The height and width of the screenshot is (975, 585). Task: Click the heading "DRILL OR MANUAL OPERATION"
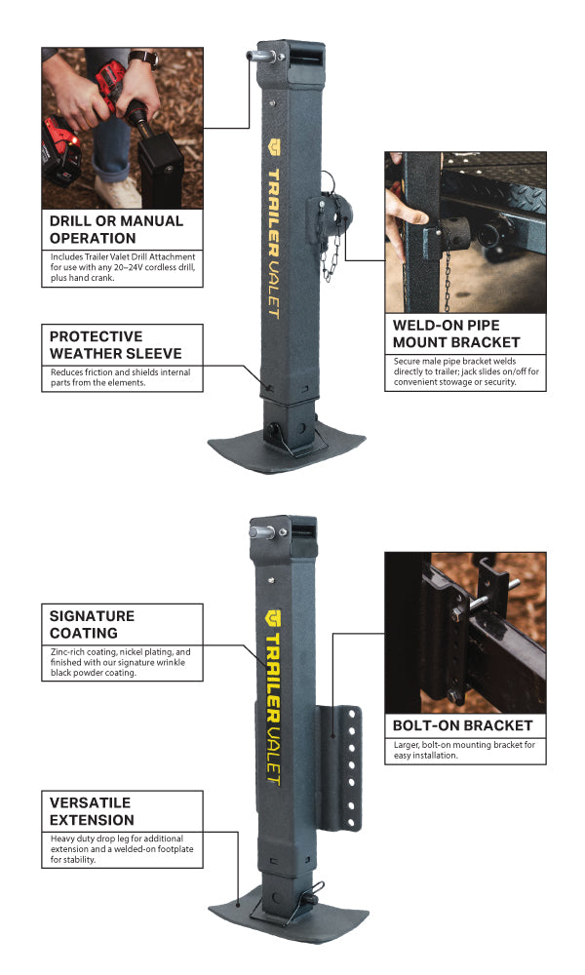click(x=116, y=229)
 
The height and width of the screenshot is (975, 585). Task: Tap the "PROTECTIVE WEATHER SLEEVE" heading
click(x=116, y=345)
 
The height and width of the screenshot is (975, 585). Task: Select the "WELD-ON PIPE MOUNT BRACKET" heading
click(x=456, y=333)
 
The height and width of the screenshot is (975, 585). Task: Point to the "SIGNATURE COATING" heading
click(x=92, y=624)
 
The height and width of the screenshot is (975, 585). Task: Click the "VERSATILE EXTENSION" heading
click(x=92, y=811)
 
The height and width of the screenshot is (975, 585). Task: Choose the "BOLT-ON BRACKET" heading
click(x=462, y=725)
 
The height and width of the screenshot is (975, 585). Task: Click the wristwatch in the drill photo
click(x=144, y=58)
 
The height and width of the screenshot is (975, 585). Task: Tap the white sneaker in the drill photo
click(x=117, y=192)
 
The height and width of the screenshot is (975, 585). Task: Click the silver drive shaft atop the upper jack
click(x=263, y=56)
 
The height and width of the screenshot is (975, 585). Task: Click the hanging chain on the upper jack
click(x=331, y=249)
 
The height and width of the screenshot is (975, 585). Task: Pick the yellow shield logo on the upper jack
click(x=274, y=147)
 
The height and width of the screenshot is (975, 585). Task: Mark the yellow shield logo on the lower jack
click(x=273, y=618)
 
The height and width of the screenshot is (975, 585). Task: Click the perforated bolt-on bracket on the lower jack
click(x=340, y=767)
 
